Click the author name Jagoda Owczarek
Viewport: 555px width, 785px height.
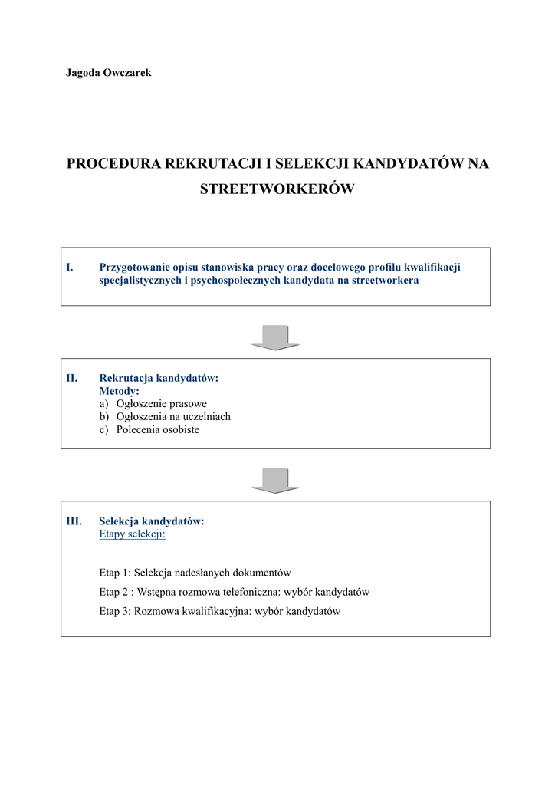(x=108, y=72)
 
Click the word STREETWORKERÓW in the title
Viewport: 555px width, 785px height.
(x=277, y=189)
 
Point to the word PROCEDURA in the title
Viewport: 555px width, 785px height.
(x=114, y=163)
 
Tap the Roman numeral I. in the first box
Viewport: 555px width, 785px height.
(x=69, y=268)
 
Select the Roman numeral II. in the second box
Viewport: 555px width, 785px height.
(x=71, y=378)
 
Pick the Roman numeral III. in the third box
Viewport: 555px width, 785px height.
(x=74, y=521)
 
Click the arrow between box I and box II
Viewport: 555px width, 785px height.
(x=275, y=337)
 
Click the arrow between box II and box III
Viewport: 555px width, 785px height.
(x=275, y=480)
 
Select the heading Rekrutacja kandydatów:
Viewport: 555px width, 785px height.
(x=159, y=378)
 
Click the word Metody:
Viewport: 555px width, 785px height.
(x=119, y=391)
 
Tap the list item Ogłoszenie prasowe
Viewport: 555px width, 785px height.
(x=161, y=404)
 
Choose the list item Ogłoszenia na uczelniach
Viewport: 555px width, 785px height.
(x=173, y=417)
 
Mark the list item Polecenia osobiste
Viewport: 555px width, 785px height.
(x=157, y=430)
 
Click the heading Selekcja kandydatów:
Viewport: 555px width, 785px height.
(x=152, y=521)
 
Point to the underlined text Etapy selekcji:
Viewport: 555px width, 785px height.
(x=133, y=534)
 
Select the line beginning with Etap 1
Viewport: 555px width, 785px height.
(x=195, y=573)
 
